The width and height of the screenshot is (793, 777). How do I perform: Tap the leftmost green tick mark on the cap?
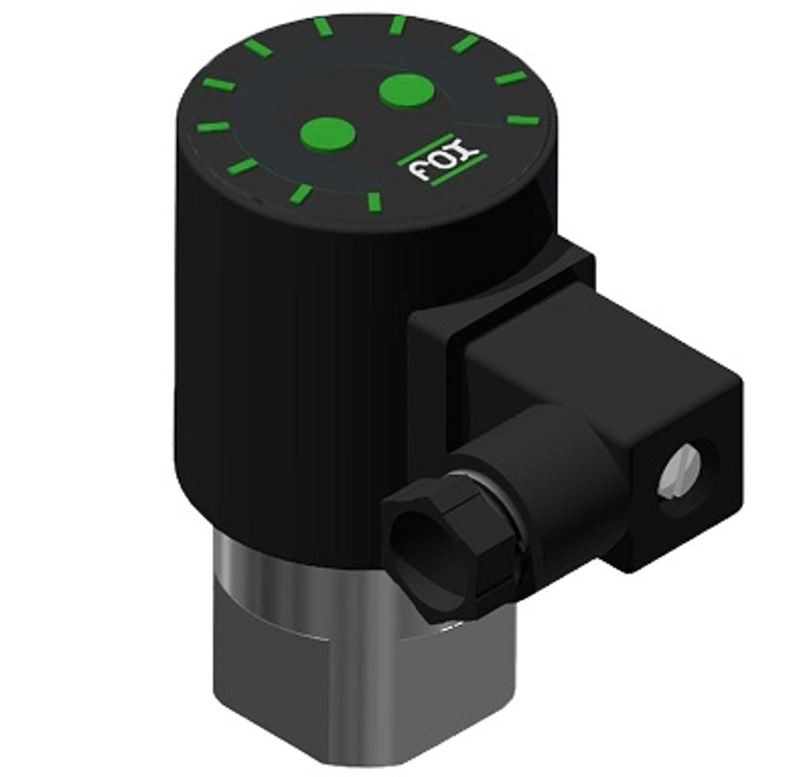pos(212,127)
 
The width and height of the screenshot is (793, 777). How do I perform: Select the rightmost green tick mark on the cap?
pos(522,121)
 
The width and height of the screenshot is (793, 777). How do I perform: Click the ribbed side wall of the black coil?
pos(270,357)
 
